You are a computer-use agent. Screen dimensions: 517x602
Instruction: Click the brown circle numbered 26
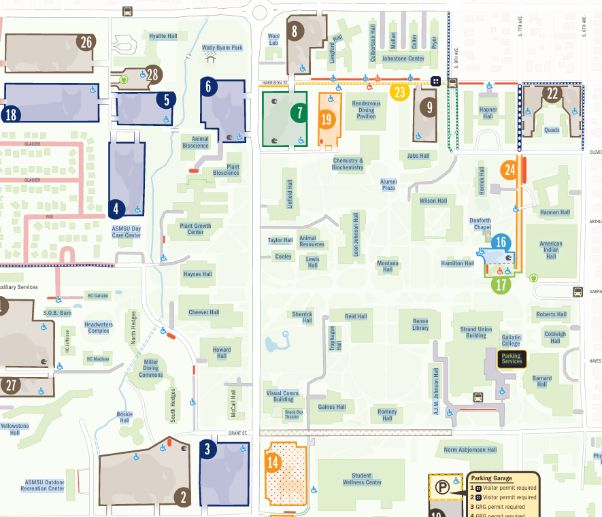click(86, 42)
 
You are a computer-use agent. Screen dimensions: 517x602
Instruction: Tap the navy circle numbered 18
click(12, 114)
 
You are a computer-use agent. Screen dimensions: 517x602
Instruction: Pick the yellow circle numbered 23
click(399, 92)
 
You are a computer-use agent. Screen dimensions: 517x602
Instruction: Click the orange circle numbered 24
click(510, 169)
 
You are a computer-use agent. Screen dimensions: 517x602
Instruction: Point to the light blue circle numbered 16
click(501, 242)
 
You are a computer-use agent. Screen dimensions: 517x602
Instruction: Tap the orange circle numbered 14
click(273, 463)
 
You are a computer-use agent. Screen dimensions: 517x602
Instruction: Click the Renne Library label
click(420, 324)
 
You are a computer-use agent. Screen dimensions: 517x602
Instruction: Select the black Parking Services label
click(512, 358)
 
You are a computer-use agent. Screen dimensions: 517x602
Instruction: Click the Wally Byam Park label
click(222, 48)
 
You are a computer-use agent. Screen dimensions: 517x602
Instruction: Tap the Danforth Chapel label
click(480, 224)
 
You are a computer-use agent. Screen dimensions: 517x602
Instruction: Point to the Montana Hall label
click(388, 266)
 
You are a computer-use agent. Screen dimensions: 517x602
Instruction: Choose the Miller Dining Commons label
click(151, 368)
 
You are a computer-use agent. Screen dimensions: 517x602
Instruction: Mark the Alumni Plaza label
click(388, 184)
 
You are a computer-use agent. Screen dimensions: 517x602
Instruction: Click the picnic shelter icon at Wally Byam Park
click(211, 59)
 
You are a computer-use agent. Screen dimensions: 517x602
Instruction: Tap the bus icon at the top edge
click(127, 11)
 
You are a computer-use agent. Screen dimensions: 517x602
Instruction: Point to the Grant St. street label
click(237, 433)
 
